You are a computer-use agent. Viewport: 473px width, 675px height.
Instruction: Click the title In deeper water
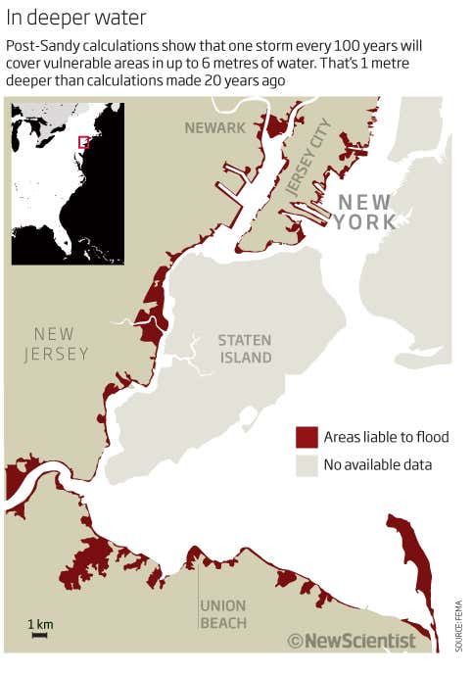point(76,18)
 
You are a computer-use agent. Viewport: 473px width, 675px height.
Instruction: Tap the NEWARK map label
point(215,127)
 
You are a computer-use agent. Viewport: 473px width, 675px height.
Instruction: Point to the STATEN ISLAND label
point(245,349)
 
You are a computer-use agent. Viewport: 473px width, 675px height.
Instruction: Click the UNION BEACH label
point(222,614)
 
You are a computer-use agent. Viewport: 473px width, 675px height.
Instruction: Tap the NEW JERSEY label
point(55,344)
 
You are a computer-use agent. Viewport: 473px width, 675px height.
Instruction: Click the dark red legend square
point(307,437)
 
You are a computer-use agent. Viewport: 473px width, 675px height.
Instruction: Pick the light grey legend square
point(307,465)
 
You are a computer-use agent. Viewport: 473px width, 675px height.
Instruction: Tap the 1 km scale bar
point(40,636)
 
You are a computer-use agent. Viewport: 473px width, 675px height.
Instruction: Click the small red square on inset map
point(84,142)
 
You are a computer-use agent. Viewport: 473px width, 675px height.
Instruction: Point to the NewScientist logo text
point(359,641)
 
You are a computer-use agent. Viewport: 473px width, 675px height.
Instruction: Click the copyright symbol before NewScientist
point(295,641)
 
